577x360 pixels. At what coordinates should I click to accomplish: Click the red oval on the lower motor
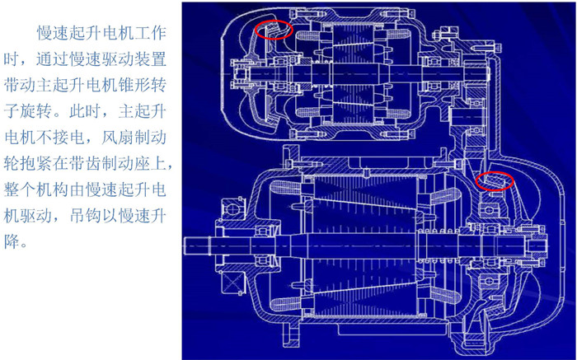pyautogui.click(x=495, y=180)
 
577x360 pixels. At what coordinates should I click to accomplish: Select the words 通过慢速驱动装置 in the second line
pyautogui.click(x=101, y=59)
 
